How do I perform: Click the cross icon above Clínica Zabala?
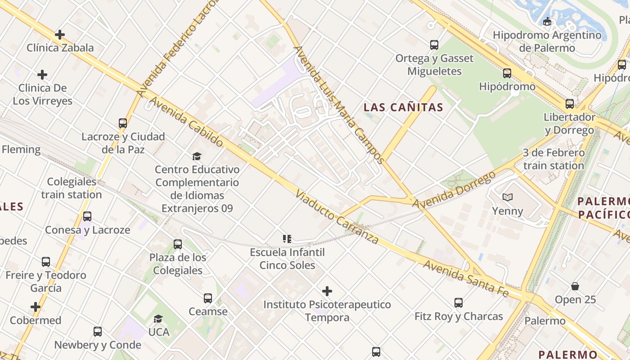59,35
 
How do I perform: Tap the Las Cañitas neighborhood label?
403,108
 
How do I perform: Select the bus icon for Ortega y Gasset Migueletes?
434,45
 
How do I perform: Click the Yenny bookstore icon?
507,197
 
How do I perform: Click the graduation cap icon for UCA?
158,319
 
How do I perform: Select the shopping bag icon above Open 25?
575,286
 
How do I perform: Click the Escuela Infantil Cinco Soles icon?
287,238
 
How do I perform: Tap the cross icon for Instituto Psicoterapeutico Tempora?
327,291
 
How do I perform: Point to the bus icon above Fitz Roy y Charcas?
458,303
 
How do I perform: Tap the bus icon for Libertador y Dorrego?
569,104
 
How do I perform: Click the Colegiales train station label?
72,188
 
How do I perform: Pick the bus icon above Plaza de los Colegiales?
178,244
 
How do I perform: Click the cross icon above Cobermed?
36,307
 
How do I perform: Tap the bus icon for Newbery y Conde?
98,332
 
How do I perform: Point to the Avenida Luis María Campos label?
338,104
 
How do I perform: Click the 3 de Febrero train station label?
553,159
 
